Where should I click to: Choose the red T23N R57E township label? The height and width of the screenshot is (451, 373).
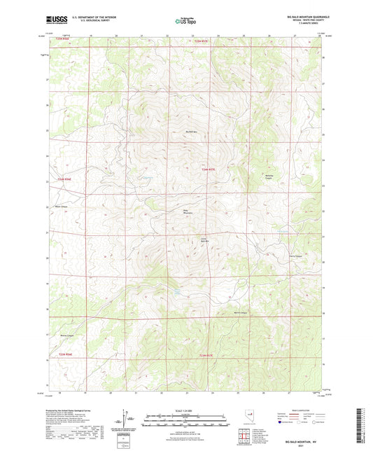coord(209,356)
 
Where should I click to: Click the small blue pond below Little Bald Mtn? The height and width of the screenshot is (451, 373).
coord(179,289)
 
